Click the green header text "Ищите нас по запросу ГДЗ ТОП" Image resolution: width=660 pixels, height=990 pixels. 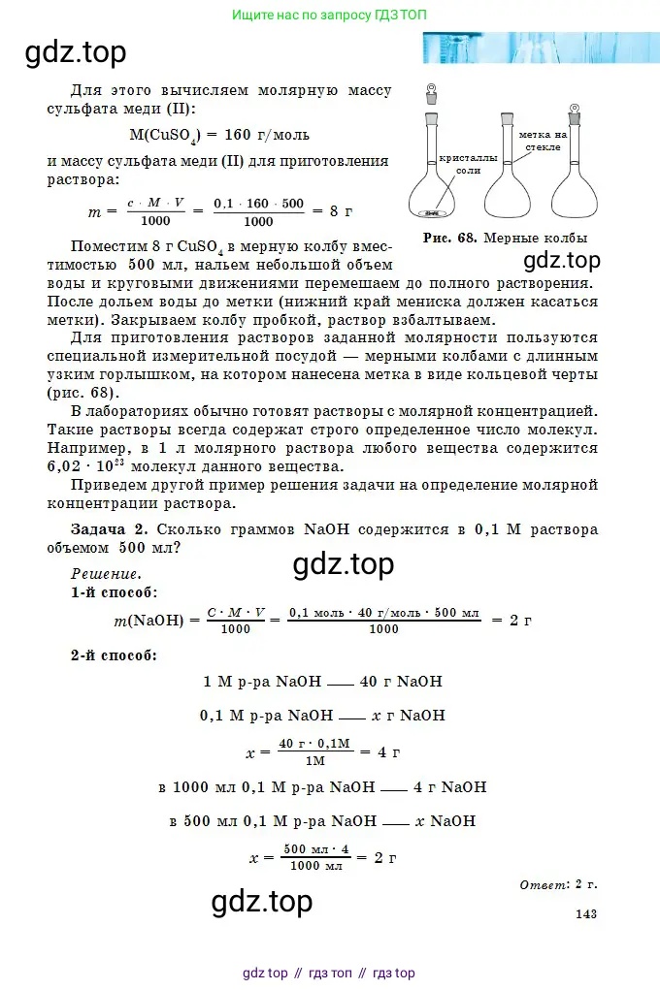coord(329,16)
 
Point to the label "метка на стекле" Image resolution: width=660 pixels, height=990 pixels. coord(543,141)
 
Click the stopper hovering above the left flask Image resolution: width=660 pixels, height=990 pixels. coord(431,95)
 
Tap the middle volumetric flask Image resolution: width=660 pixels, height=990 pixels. coord(505,175)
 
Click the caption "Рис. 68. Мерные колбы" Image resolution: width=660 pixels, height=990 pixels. coord(505,238)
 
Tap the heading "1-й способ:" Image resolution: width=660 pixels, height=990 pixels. coord(115,591)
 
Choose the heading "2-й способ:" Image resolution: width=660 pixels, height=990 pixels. coord(115,655)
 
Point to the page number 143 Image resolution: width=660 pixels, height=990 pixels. coord(586,912)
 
